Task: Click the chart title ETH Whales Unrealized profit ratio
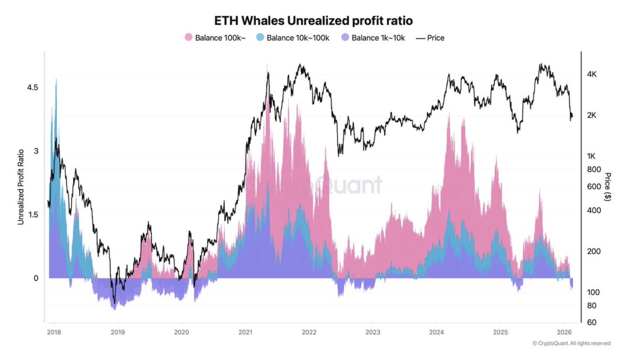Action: pos(311,21)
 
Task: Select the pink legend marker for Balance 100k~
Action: pos(189,37)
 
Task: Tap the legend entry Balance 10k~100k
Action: pos(299,37)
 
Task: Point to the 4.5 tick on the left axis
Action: pos(32,88)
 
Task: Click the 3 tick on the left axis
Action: pos(35,151)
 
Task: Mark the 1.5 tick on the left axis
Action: pos(32,215)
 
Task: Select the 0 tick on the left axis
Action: pos(35,278)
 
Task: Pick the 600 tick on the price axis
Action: pos(592,186)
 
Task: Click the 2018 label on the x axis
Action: pos(54,331)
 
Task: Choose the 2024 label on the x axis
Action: pos(437,331)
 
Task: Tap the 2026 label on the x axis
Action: pos(564,331)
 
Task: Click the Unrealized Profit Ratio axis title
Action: pos(21,184)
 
